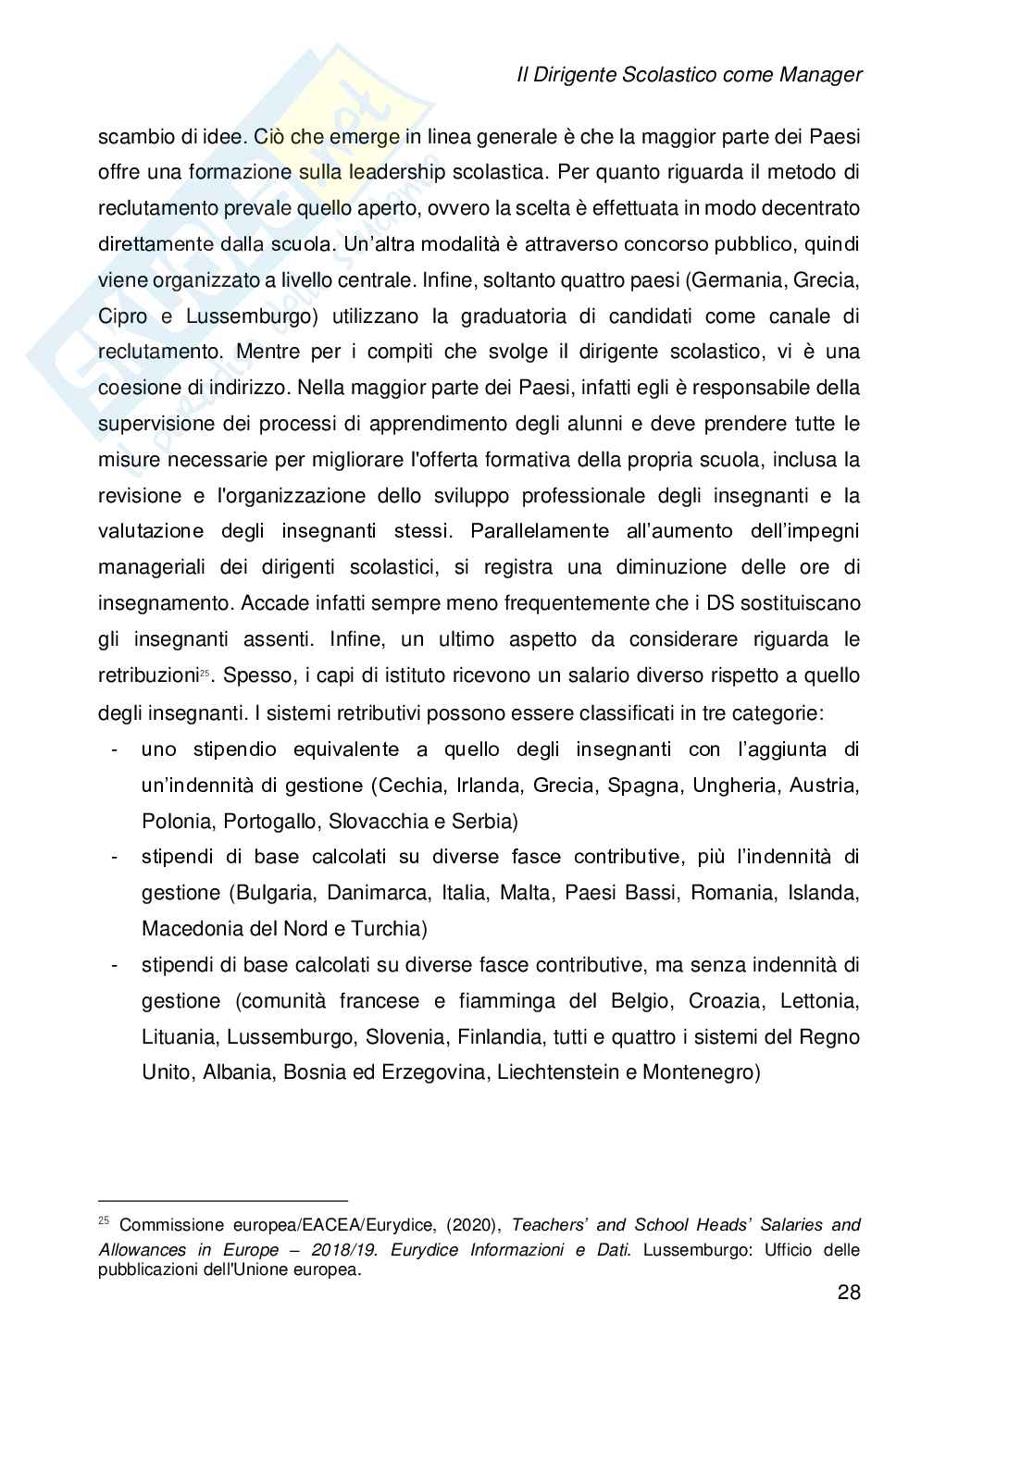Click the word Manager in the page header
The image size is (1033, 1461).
(x=816, y=76)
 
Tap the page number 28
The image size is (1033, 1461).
(x=849, y=1293)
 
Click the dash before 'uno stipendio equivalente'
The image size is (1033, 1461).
(x=113, y=749)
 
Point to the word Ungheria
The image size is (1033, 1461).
(x=721, y=786)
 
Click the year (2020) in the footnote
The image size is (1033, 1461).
(x=473, y=1226)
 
